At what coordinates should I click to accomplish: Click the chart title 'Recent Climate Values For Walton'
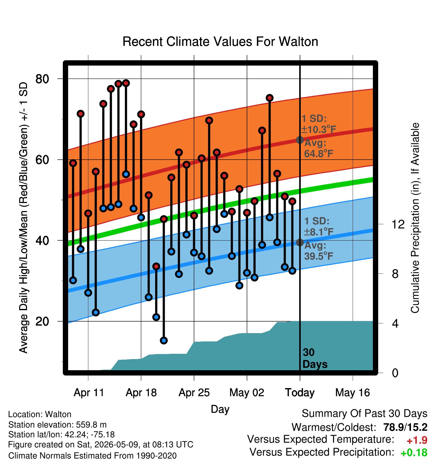click(220, 42)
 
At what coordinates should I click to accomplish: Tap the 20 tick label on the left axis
click(42, 321)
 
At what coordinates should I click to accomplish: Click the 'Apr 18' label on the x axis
click(141, 393)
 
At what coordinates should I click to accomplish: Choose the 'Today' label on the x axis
click(300, 393)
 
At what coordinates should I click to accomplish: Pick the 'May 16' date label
click(353, 393)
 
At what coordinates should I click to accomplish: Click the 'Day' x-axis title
click(220, 409)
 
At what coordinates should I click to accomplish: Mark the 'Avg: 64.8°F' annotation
click(319, 148)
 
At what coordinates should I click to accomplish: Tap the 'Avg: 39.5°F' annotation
click(319, 251)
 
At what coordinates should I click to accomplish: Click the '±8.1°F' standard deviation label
click(319, 232)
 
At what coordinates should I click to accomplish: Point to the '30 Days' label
click(315, 358)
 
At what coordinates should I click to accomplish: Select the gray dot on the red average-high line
click(300, 140)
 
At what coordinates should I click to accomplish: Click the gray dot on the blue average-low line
click(300, 242)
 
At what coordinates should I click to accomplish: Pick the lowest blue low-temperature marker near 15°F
click(164, 341)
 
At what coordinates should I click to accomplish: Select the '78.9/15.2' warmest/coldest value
click(405, 427)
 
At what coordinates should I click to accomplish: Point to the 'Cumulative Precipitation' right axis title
click(415, 218)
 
